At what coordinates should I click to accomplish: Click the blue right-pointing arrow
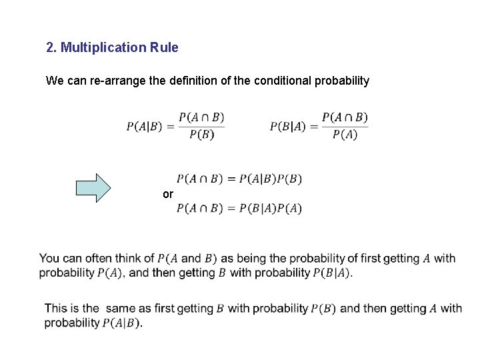tap(93, 187)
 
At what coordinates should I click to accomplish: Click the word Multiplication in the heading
tap(101, 48)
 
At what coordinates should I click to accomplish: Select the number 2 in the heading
tap(50, 48)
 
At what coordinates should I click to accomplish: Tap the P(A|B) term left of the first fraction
tap(145, 127)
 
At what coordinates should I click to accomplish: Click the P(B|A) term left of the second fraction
tap(289, 126)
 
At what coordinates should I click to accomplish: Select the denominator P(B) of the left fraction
tap(202, 135)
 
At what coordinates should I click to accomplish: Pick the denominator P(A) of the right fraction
tap(345, 134)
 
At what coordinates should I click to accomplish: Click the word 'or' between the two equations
tap(167, 194)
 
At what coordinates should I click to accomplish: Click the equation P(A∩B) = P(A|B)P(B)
tap(239, 179)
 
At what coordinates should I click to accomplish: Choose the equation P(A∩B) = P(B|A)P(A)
tap(239, 208)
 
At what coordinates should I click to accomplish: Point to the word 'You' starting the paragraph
tap(49, 259)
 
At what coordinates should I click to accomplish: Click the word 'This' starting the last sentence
tap(55, 308)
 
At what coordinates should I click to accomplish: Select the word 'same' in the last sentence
tap(119, 308)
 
